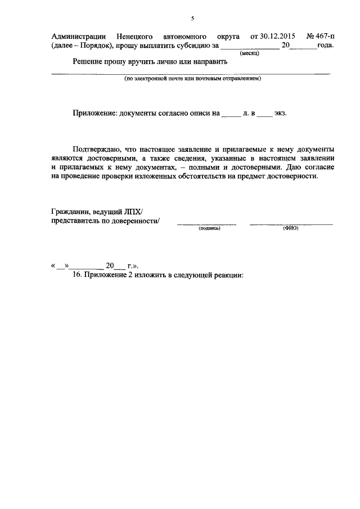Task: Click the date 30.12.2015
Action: click(276, 37)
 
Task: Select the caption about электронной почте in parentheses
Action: click(192, 79)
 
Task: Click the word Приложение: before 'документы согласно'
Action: click(94, 113)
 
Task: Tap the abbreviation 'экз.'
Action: click(280, 113)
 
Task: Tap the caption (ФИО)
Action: click(291, 229)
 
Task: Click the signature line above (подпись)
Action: click(206, 224)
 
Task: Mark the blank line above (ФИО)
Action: click(291, 224)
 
